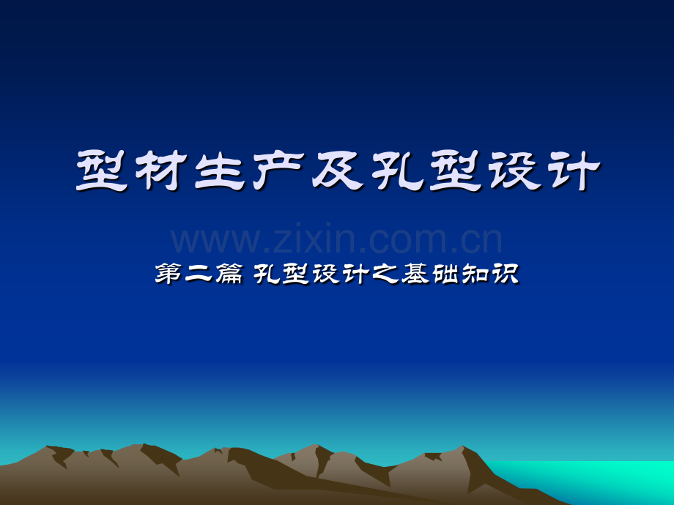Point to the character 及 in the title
pos(338,171)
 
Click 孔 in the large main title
pos(397,171)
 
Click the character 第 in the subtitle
pos(168,274)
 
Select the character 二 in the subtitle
pos(198,274)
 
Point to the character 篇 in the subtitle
pos(229,274)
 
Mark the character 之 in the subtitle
pos(385,274)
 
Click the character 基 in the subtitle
pos(415,274)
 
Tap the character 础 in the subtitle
pos(445,274)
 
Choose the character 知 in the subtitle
pos(475,274)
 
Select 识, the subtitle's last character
pos(505,274)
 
